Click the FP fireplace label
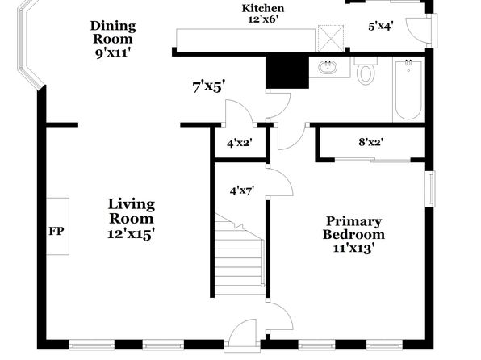point(56,231)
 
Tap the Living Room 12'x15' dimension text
point(131,234)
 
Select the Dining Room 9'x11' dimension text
point(113,53)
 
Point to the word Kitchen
point(263,8)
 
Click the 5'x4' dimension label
point(381,27)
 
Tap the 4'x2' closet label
point(240,143)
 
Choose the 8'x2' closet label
point(371,142)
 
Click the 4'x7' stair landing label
point(242,191)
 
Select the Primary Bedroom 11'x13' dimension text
point(353,248)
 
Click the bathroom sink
point(327,67)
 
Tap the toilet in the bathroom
point(366,70)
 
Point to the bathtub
point(408,90)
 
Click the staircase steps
point(239,255)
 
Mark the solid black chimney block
point(287,73)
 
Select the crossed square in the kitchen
point(331,38)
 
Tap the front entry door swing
point(243,332)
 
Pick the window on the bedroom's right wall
point(431,188)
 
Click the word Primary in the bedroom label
point(353,222)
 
